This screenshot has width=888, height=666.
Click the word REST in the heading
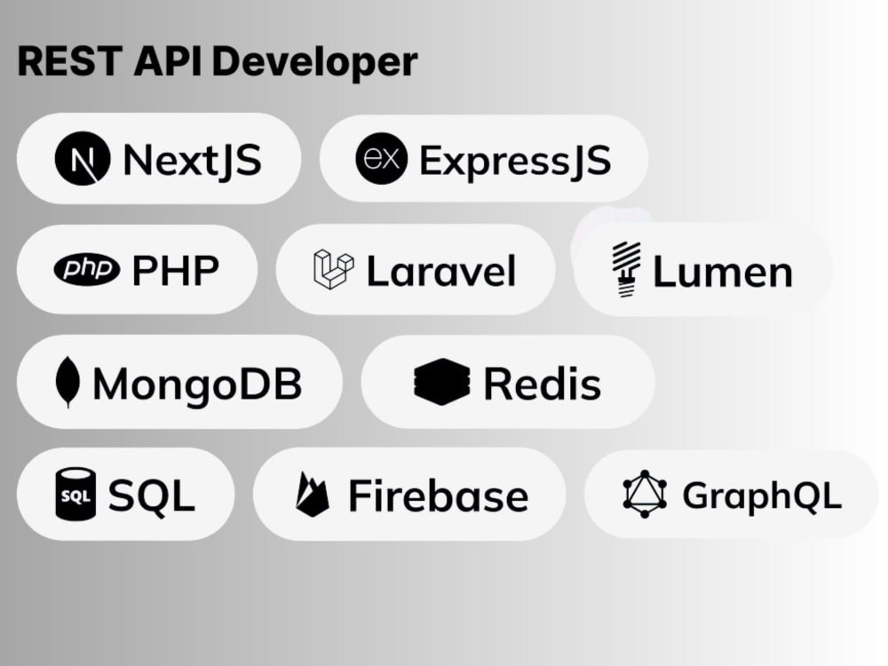pos(70,60)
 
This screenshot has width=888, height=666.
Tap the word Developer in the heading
pos(315,63)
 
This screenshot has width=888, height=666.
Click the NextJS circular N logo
pos(82,159)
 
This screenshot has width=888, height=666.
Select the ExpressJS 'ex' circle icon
pos(381,159)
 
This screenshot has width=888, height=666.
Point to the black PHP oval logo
pos(87,269)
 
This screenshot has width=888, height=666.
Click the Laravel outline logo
pos(334,269)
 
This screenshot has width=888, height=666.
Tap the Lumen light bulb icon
pos(626,270)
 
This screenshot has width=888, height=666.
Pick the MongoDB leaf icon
pos(67,382)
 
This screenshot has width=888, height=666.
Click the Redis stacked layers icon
pos(441,382)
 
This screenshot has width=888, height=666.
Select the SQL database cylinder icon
pos(75,494)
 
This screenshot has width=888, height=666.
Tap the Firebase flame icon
pos(312,495)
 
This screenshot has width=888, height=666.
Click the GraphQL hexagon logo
pos(645,494)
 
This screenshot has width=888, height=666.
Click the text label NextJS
pos(193,161)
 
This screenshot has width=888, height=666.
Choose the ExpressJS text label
pos(515,162)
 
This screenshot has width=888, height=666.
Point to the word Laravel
pos(441,271)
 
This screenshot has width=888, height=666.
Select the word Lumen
pos(723,272)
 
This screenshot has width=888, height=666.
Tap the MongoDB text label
pos(197,384)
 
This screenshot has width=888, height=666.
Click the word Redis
pos(542,384)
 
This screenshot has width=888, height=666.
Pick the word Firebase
pos(439,496)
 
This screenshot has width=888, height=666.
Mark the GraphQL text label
pos(762,496)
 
